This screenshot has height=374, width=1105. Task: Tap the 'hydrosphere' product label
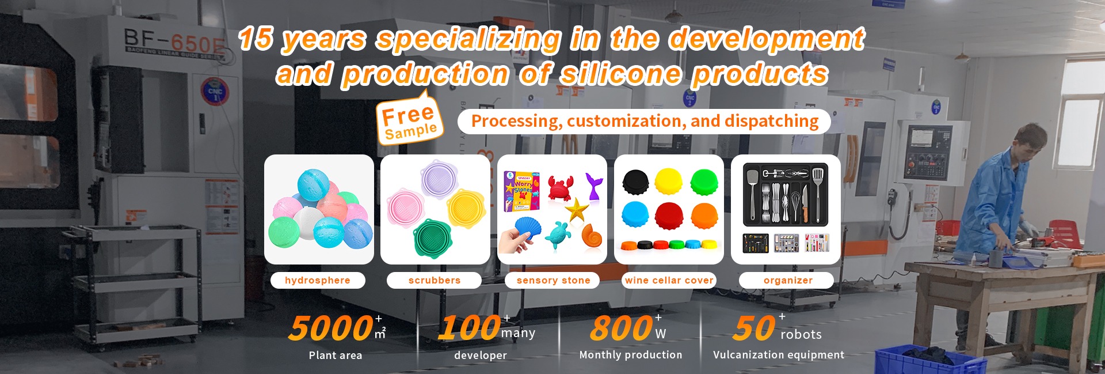[318, 280]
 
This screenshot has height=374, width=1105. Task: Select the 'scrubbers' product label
[435, 280]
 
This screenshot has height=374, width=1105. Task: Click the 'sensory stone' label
[553, 280]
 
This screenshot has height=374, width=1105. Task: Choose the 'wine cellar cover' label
[669, 280]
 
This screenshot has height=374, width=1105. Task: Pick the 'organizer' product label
[788, 280]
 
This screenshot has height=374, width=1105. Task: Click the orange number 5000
[331, 328]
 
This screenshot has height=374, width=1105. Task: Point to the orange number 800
[622, 328]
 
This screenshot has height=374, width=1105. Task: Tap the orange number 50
[754, 328]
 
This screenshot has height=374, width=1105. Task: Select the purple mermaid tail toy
[593, 186]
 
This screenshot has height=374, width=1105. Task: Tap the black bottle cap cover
[635, 182]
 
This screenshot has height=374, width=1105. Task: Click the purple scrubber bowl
[439, 179]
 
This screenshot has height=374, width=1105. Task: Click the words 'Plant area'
[336, 356]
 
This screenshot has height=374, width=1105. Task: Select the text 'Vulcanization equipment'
[779, 355]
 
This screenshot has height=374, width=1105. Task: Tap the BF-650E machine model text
[174, 41]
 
